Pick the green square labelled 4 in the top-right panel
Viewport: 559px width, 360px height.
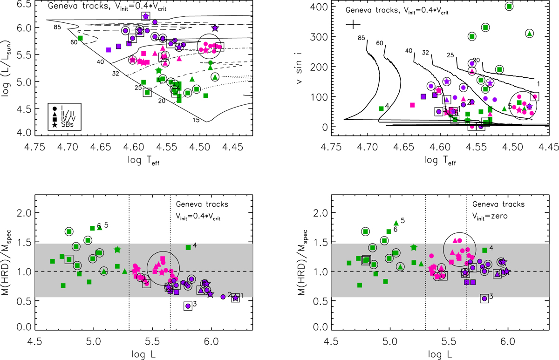(381, 109)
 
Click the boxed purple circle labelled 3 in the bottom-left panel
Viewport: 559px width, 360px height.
(188, 306)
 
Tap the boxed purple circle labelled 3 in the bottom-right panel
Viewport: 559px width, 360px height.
(484, 299)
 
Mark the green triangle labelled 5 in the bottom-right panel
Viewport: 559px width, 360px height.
(396, 223)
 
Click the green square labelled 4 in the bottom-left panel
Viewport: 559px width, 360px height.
(188, 247)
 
